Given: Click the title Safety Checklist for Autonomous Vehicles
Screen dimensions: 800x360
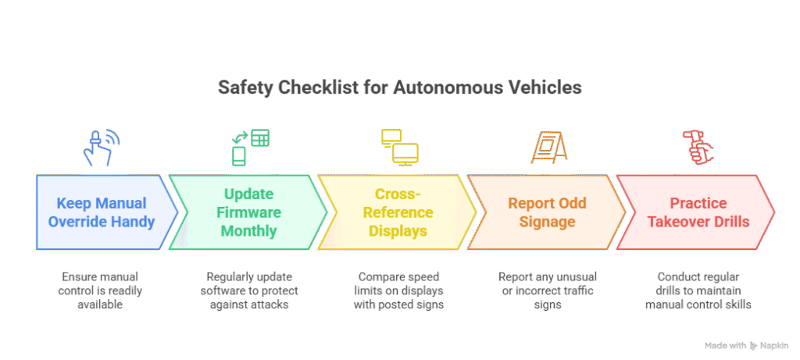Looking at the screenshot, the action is (399, 87).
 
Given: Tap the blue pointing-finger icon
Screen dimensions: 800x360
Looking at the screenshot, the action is (100, 148).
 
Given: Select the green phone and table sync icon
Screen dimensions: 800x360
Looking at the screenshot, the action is (250, 148).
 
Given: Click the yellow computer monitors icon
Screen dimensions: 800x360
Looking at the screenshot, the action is (399, 148).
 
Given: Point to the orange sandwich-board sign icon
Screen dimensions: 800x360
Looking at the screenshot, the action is (549, 148).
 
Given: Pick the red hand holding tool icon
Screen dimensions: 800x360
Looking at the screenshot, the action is (698, 148).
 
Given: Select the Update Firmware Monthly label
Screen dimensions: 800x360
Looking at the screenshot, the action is (248, 212).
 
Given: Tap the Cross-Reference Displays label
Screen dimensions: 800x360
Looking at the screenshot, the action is (398, 212).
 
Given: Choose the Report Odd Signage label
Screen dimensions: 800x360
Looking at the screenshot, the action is (548, 212).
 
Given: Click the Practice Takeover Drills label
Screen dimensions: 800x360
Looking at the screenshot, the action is (698, 212).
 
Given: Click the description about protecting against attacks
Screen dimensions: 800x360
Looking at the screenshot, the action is (249, 290).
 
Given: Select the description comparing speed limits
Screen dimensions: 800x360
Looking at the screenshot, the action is (398, 290).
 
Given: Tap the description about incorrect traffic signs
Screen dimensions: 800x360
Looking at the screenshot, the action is (548, 290).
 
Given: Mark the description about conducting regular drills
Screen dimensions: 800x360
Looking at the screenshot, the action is (698, 290).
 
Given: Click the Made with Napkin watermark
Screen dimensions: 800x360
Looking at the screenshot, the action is (746, 346).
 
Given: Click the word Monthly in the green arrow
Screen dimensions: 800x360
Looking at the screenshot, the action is (248, 230).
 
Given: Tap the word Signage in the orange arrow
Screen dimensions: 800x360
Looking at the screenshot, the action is (548, 222).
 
